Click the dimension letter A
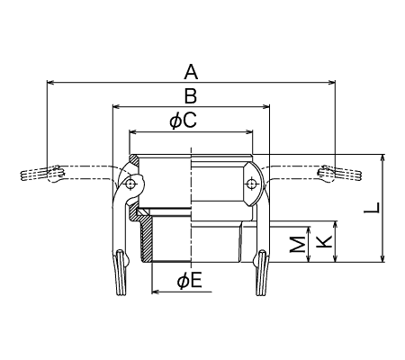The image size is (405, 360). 191,72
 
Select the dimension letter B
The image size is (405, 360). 191,96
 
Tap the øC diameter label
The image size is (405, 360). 183,121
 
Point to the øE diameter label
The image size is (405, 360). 190,281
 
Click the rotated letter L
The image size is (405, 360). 372,208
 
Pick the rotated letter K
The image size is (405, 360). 324,241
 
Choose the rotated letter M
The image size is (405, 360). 297,244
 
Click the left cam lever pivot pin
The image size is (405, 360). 130,184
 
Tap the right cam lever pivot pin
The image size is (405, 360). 250,184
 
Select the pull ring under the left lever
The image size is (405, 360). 121,273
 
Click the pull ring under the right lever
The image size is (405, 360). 261,273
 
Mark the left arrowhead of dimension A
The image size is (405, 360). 50,82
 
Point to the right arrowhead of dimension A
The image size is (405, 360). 331,82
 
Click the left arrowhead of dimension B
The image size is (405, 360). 116,106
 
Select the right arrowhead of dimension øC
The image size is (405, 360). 249,131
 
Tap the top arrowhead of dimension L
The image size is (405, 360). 382,158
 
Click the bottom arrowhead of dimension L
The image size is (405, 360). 382,258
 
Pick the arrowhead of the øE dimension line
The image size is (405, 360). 156,291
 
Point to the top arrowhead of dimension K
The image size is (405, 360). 336,225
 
